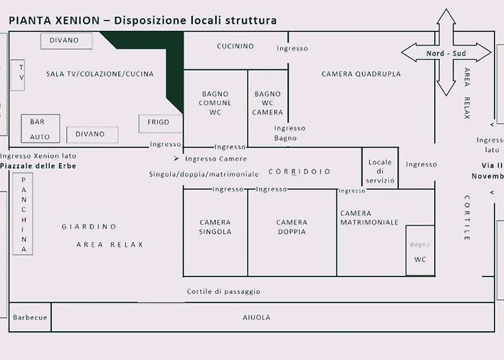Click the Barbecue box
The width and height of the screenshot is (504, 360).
point(30,318)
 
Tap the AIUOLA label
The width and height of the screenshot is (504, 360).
point(256,318)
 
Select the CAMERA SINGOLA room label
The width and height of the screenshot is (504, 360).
point(215,228)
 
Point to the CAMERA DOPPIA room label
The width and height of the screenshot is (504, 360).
point(292,228)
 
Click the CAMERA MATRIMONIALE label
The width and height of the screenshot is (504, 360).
point(369,218)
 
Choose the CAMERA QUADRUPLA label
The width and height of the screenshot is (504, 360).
point(361,74)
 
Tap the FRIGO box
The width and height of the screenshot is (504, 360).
point(159,122)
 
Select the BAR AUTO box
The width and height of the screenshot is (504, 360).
point(40,130)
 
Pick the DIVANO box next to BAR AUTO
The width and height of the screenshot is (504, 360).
point(91,134)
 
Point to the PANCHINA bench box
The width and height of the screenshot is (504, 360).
point(24,214)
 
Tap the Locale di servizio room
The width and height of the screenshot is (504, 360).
point(379,171)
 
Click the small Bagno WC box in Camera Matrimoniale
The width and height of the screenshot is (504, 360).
point(420,251)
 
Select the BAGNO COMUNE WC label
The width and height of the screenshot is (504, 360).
point(215,103)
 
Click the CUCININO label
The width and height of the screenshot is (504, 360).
point(235,46)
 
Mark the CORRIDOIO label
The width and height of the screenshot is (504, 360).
point(300,172)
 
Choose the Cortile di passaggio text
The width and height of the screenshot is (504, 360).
point(223,292)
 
